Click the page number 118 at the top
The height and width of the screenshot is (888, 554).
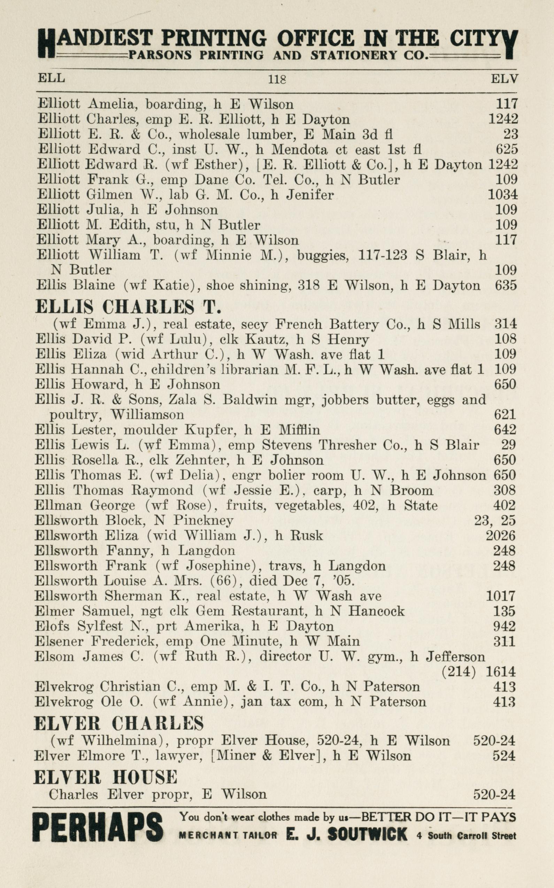click(x=277, y=79)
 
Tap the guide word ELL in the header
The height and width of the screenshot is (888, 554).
click(x=51, y=78)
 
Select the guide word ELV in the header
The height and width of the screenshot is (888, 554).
click(x=504, y=78)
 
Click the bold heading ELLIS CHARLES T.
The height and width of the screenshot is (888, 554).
click(x=128, y=307)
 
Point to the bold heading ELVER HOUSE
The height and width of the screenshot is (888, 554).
click(x=106, y=777)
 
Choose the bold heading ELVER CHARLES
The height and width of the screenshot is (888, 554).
click(x=119, y=723)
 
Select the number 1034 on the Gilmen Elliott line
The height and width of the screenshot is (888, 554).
click(x=503, y=194)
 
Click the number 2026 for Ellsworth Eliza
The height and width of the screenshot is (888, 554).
click(x=500, y=535)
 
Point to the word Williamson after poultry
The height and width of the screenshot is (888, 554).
click(x=147, y=414)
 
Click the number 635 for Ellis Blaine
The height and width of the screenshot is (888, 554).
click(x=506, y=285)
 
